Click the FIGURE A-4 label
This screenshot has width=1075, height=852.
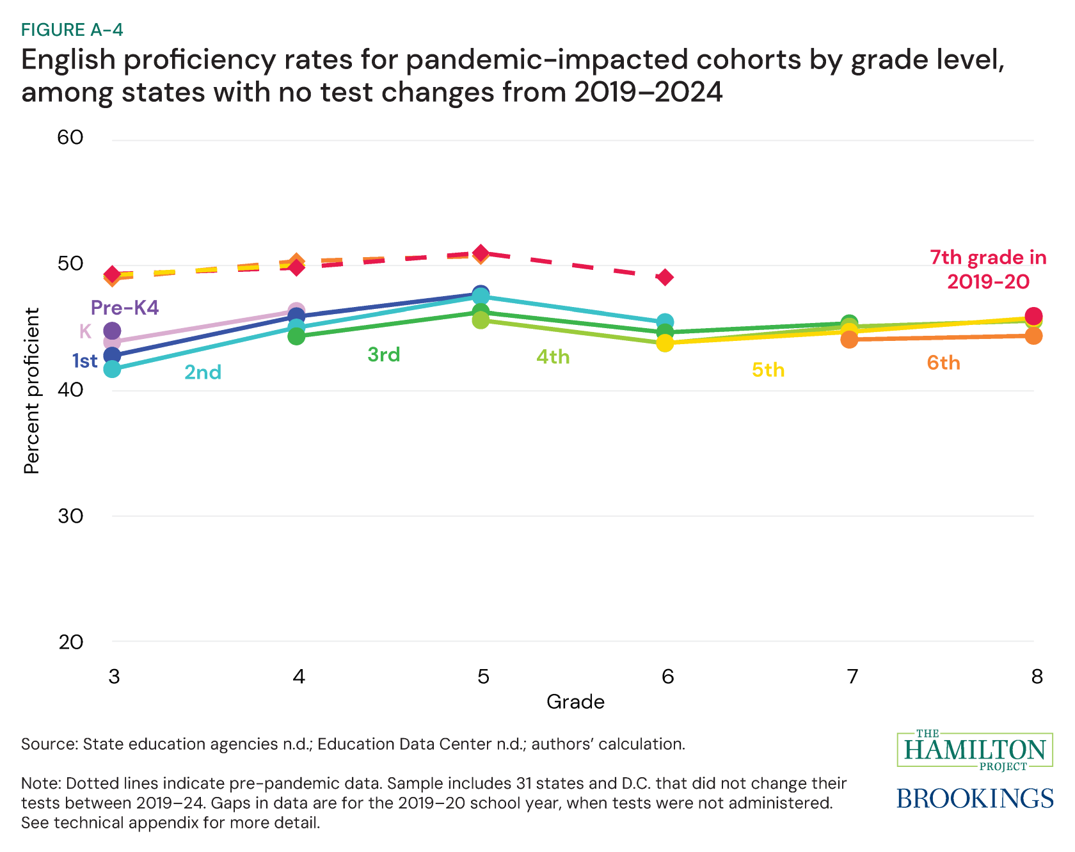pyautogui.click(x=72, y=30)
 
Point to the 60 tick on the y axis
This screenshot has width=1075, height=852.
pyautogui.click(x=71, y=138)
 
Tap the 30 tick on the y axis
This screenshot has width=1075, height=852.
pyautogui.click(x=71, y=516)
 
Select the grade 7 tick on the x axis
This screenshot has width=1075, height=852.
pyautogui.click(x=852, y=677)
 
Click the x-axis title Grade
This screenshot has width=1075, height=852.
pyautogui.click(x=575, y=702)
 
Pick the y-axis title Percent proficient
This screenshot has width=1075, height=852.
pyautogui.click(x=31, y=391)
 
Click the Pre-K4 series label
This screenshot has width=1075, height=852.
pyautogui.click(x=125, y=308)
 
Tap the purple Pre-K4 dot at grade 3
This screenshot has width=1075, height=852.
pyautogui.click(x=112, y=331)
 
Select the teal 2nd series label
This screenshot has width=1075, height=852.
pyautogui.click(x=203, y=372)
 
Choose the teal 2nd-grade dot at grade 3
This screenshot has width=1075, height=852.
pyautogui.click(x=112, y=369)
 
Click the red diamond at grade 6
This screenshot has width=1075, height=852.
pyautogui.click(x=665, y=277)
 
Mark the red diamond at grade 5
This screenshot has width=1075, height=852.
pyautogui.click(x=481, y=253)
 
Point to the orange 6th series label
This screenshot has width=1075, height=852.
pyautogui.click(x=943, y=363)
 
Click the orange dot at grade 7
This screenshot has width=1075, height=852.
pyautogui.click(x=849, y=339)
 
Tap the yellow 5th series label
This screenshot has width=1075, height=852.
pyautogui.click(x=768, y=370)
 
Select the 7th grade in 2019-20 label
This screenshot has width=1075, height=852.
pyautogui.click(x=988, y=269)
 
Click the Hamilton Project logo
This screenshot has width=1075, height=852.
pyautogui.click(x=975, y=750)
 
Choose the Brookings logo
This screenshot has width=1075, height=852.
pyautogui.click(x=975, y=798)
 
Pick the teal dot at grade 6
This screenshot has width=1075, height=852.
pyautogui.click(x=665, y=322)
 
